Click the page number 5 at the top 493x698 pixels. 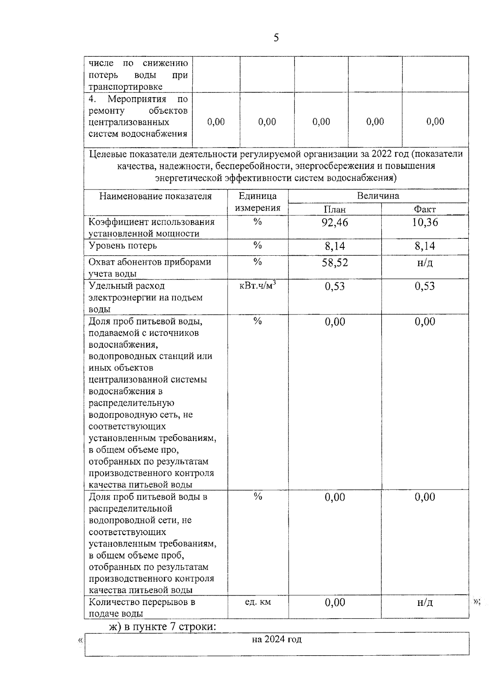[276, 38]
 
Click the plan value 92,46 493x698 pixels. [334, 222]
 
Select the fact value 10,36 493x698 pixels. [425, 222]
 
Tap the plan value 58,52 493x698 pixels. [334, 263]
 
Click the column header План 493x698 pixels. [334, 210]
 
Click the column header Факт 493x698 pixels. [425, 210]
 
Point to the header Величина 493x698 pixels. [378, 196]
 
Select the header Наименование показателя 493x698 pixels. [155, 196]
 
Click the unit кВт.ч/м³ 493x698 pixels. [257, 286]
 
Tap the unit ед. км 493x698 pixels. [258, 602]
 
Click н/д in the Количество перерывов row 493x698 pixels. [425, 603]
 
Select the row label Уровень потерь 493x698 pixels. [122, 245]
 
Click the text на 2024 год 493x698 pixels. [276, 639]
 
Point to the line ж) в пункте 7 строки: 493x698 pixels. [162, 627]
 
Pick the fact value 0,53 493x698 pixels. [425, 286]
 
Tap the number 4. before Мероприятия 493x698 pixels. [92, 99]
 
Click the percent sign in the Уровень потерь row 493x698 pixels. [258, 245]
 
